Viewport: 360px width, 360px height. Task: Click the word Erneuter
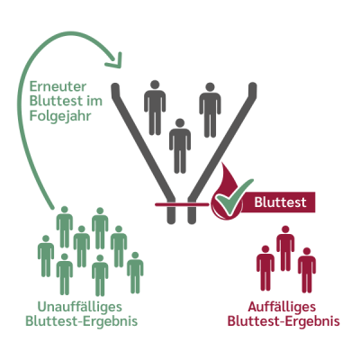58,86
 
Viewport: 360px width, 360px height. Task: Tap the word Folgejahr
60,116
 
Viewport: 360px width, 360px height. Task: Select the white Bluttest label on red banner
281,202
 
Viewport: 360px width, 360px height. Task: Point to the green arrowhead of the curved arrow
114,60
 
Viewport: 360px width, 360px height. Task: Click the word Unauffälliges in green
80,307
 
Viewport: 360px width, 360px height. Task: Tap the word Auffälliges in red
282,307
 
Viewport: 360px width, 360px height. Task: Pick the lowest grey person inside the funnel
180,146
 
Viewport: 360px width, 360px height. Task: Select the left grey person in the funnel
155,108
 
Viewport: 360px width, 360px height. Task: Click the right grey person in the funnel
210,110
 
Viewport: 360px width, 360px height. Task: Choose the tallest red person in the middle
285,248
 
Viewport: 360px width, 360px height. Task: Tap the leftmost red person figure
265,268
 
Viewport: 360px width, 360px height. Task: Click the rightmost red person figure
307,270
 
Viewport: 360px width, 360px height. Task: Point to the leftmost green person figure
46,256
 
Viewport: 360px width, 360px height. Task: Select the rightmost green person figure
135,273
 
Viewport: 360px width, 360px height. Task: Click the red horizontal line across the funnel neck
182,205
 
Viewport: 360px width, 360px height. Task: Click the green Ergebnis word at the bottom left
110,321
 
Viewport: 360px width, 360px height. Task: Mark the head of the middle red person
285,229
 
